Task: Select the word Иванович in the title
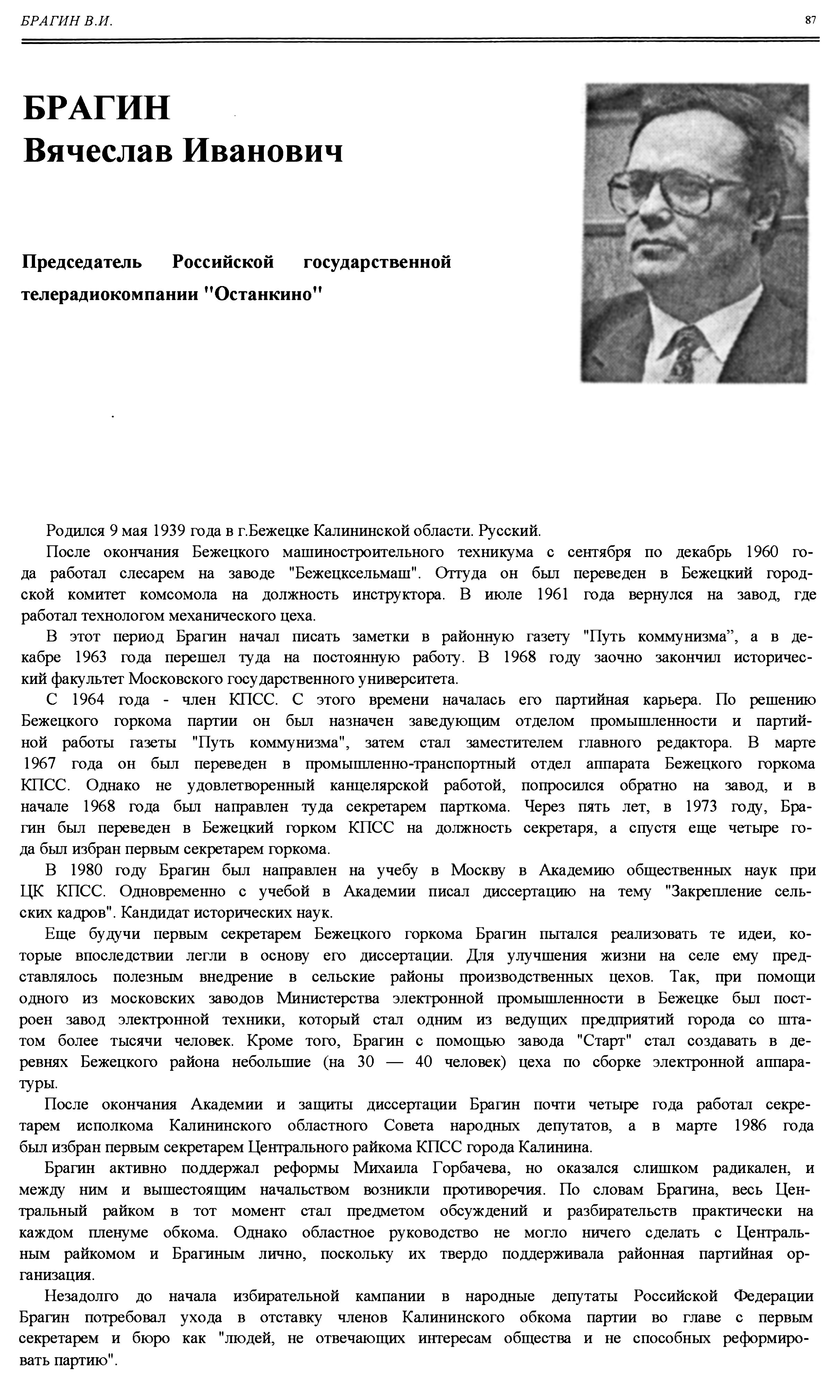tap(263, 150)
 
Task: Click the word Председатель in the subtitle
tap(82, 261)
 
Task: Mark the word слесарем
tap(152, 573)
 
